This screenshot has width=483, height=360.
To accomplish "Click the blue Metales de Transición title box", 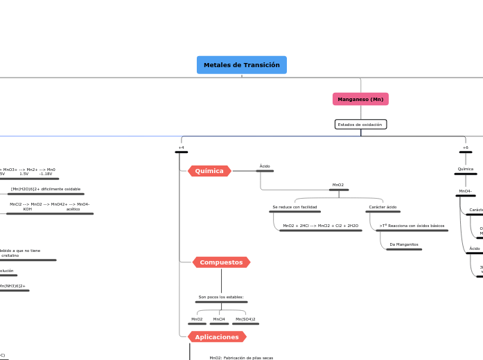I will click(x=242, y=65).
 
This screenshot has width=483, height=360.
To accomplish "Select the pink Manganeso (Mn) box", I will click(x=360, y=99).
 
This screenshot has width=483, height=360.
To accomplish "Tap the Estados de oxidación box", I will click(x=360, y=125).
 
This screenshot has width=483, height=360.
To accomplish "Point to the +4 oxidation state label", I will click(x=181, y=147).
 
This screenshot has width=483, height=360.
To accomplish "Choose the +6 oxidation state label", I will click(x=466, y=147).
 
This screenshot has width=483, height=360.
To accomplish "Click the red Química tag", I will click(x=209, y=171).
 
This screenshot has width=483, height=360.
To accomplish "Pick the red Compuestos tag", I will click(x=221, y=262).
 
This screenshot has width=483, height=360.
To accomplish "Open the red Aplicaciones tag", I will click(x=217, y=337).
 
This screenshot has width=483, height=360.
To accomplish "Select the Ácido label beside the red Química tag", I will click(x=265, y=166).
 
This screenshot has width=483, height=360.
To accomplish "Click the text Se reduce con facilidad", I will click(x=295, y=207).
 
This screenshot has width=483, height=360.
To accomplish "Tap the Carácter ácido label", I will click(x=383, y=207).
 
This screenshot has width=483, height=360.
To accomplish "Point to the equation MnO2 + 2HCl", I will click(x=320, y=226).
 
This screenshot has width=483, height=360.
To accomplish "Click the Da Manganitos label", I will click(x=403, y=244).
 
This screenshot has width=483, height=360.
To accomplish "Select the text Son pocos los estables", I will click(x=221, y=297).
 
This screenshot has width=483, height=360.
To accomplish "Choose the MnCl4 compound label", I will click(x=219, y=319).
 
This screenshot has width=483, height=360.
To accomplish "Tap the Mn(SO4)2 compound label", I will click(x=245, y=319).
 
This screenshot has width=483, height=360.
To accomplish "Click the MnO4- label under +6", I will click(x=465, y=191).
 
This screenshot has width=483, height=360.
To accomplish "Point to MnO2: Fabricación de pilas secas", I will click(x=241, y=358).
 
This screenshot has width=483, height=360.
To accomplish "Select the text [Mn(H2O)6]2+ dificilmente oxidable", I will click(x=46, y=189).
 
